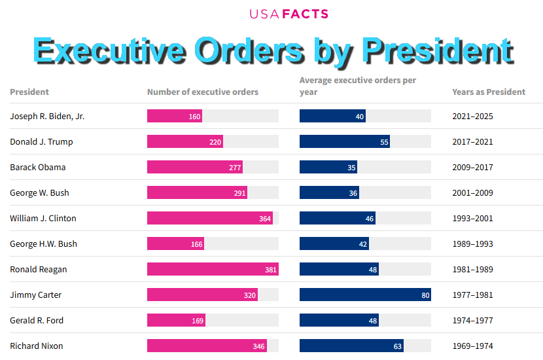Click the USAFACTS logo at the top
click(x=289, y=14)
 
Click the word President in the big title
click(x=437, y=51)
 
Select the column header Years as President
click(x=489, y=92)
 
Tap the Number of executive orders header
click(x=203, y=92)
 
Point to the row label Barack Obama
click(x=38, y=168)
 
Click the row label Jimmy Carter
click(x=36, y=295)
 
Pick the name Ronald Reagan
click(x=39, y=270)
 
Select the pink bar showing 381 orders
click(x=213, y=270)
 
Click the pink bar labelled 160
click(x=174, y=117)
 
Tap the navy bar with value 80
click(x=365, y=295)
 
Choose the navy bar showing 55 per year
click(x=344, y=142)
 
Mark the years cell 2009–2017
click(x=473, y=168)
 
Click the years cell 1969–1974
click(x=473, y=346)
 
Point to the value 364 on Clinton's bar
click(x=265, y=219)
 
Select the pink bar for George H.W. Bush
click(x=175, y=244)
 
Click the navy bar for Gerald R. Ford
click(x=339, y=321)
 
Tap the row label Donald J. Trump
click(x=41, y=142)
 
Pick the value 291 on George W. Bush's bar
click(x=240, y=193)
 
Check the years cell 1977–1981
click(x=473, y=295)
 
